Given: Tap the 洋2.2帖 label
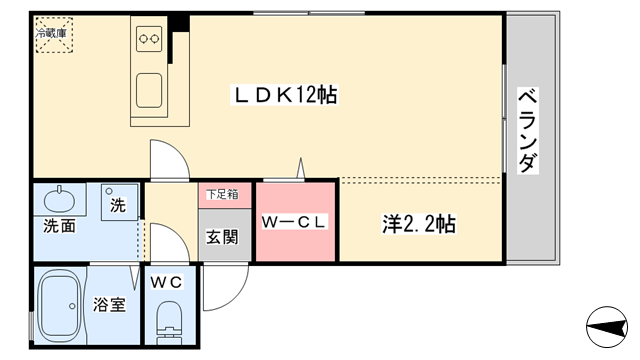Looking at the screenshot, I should coord(419,223).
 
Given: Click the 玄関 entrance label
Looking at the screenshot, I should coord(221,237).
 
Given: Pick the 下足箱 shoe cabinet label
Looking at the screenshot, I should coord(221,195).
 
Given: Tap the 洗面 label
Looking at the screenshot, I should coord(59,226).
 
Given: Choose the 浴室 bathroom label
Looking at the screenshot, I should coord(110,304).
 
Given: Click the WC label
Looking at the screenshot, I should coord(166,282).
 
